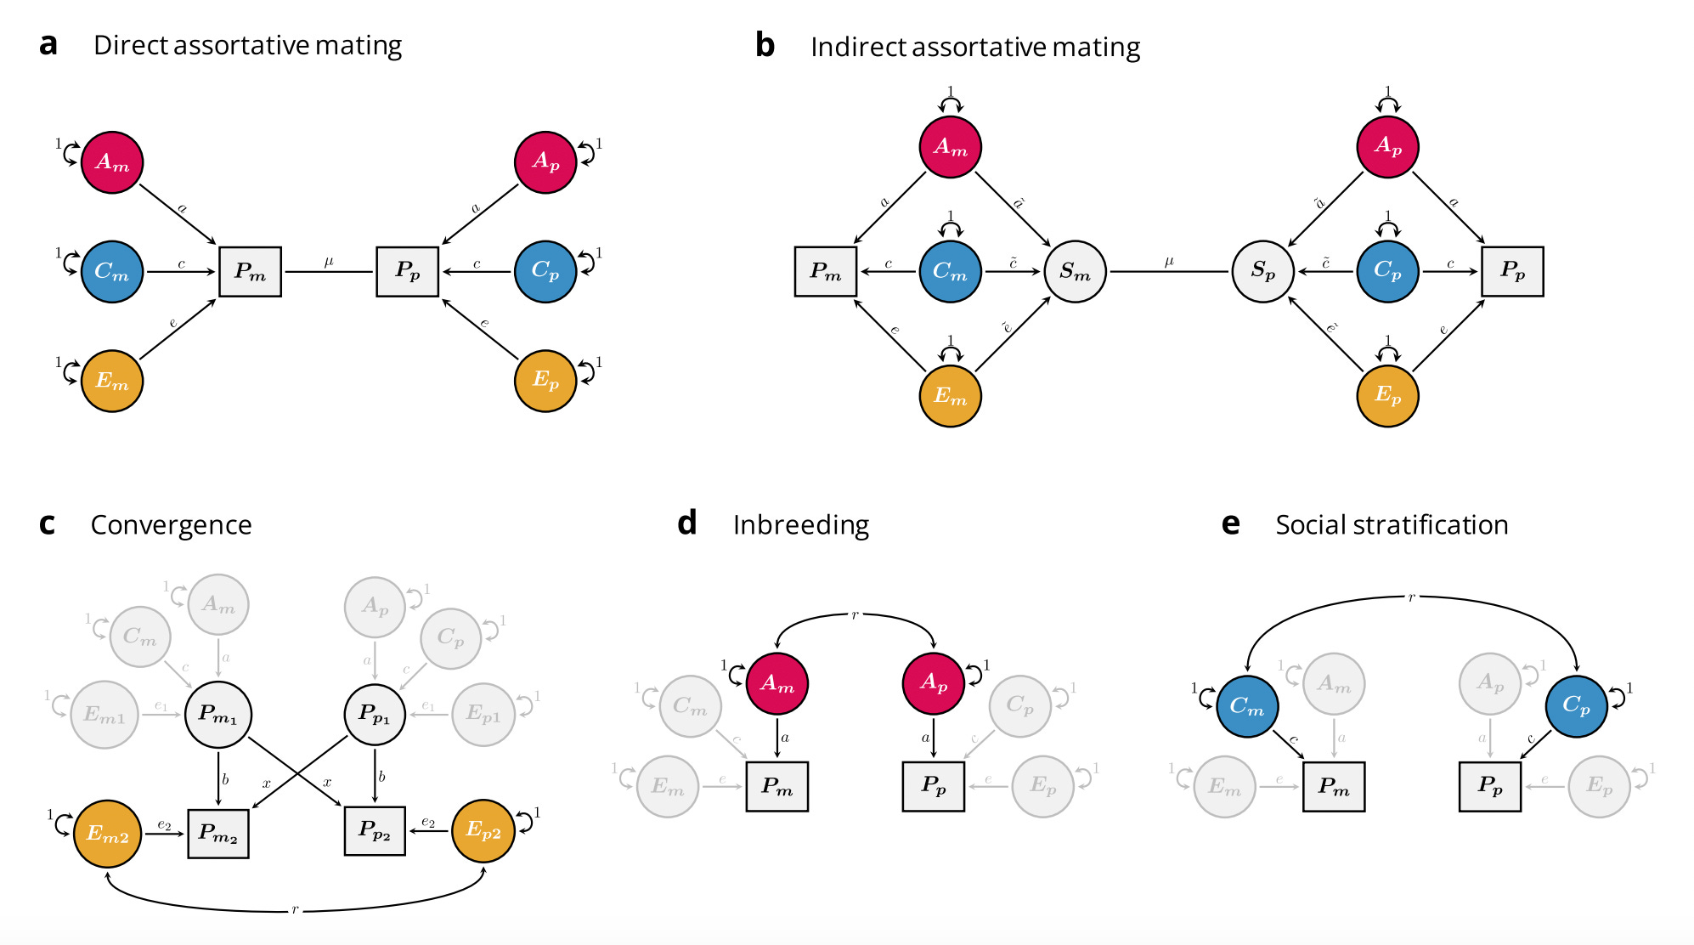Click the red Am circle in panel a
tap(112, 162)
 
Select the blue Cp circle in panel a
tap(545, 271)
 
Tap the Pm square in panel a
tap(250, 272)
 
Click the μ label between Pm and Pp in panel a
tap(329, 262)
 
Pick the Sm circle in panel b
tap(1075, 272)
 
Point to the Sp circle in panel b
tap(1262, 272)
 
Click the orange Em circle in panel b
tap(950, 396)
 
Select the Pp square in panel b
tap(1512, 271)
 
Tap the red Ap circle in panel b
tap(1387, 146)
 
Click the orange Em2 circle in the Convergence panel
tap(107, 834)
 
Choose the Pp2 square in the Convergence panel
tap(375, 830)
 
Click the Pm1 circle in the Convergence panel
tap(217, 714)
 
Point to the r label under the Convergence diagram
tap(295, 910)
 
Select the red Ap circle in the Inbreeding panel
tap(933, 682)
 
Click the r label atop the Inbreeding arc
tap(855, 614)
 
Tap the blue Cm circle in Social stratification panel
tap(1246, 706)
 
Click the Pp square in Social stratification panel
tap(1489, 786)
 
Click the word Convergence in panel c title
tap(171, 524)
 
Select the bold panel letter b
tap(765, 46)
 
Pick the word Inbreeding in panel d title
tap(800, 524)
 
